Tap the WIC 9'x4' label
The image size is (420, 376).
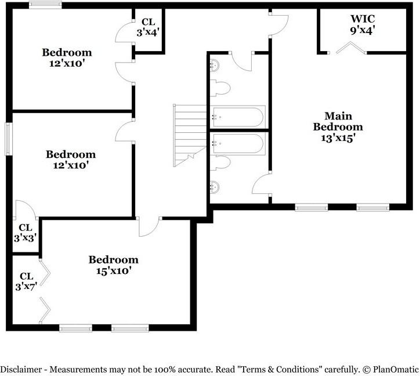coord(363,24)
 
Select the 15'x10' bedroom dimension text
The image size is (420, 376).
coord(114,271)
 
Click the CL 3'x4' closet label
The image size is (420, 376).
coord(148,27)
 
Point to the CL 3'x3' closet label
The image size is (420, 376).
coord(26,233)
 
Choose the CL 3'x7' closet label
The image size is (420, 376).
coord(26,281)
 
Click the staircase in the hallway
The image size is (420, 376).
coord(190,136)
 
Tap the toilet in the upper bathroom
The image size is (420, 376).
coord(220,88)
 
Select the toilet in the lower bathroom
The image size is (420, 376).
coord(220,162)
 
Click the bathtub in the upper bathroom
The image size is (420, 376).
coord(238,117)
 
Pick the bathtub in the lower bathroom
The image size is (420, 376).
coord(238,144)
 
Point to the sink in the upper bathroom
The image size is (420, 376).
coord(215,65)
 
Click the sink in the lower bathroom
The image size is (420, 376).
coord(215,187)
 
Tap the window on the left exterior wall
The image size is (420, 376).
coord(9,139)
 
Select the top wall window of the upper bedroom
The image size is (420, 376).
coord(45,5)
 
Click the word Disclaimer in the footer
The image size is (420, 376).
coord(21,370)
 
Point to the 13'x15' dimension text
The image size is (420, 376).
coord(338,138)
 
